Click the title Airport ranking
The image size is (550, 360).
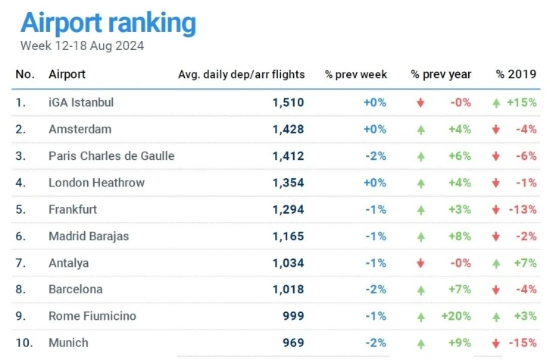pos(108,23)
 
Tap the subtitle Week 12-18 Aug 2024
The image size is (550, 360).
pos(82,45)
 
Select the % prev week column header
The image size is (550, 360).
pos(356,74)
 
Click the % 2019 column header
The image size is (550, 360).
pos(517,74)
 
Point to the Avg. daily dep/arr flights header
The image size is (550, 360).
pos(241,74)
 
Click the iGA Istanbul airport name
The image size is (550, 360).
pos(81,102)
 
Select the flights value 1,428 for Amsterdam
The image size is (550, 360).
pos(288,130)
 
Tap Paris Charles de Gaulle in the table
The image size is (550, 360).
pos(111,156)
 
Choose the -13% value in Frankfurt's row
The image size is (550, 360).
pos(522,209)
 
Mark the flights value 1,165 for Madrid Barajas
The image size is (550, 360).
pos(288,236)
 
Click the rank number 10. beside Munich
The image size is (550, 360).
pos(25,343)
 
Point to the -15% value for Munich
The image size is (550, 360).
pos(522,343)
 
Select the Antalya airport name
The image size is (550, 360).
pos(69,263)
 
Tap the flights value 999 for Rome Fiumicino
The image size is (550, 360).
pos(292,316)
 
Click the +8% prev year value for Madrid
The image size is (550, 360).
pos(459,236)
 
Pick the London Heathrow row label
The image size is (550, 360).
pos(96,183)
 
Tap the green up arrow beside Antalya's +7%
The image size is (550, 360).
pos(496,263)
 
